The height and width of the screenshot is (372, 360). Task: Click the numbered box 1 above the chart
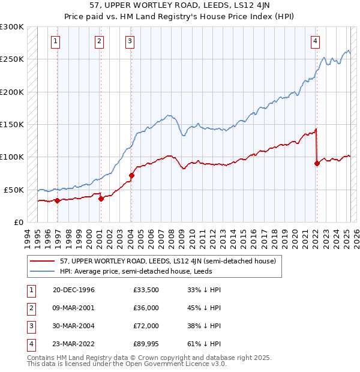point(55,41)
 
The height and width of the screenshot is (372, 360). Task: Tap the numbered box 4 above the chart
point(315,41)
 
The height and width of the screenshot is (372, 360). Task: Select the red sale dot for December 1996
point(58,200)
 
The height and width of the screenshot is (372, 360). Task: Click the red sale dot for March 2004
point(131,175)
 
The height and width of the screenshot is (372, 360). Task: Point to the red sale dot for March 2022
point(317,163)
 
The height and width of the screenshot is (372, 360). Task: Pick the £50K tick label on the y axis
point(14,190)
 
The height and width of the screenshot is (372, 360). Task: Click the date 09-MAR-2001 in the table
point(74,308)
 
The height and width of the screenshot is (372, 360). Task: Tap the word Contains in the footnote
point(43,358)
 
